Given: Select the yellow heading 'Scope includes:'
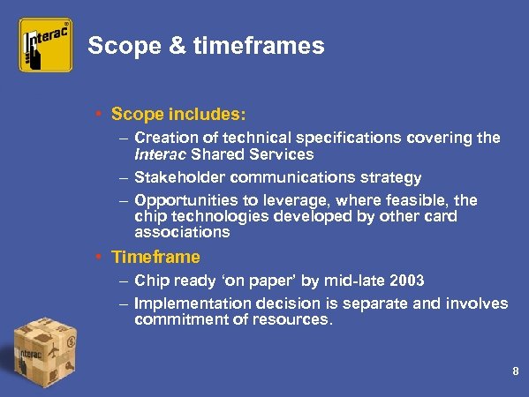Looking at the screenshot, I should [x=179, y=115].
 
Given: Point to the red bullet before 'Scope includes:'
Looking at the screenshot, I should [x=102, y=116].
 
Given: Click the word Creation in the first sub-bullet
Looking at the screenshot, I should [x=164, y=139].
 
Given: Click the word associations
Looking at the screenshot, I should [x=182, y=233].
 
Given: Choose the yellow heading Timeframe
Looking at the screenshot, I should [x=155, y=258].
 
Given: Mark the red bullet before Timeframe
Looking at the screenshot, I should [x=102, y=258].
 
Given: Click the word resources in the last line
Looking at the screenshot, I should [x=292, y=320].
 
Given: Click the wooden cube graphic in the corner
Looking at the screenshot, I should [x=43, y=353].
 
